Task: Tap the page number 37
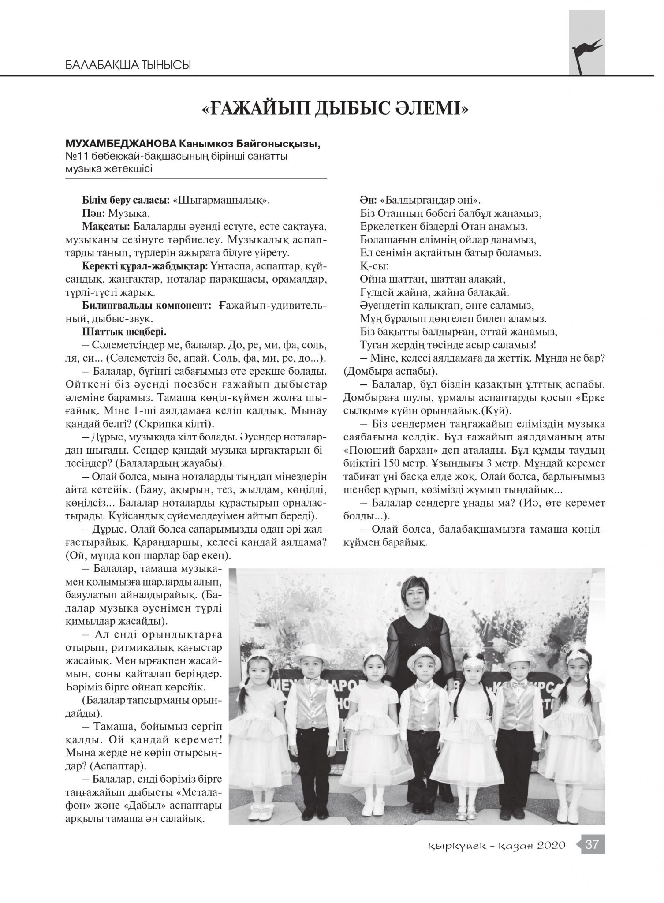coord(592,844)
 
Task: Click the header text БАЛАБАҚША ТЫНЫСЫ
coord(128,66)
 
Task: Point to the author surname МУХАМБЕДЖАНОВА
coord(120,144)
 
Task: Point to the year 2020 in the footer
coord(551,845)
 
